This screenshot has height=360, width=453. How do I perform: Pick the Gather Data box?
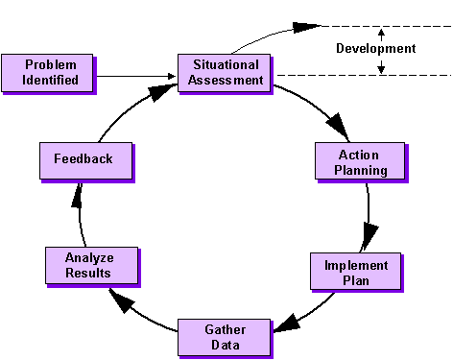[x=225, y=336]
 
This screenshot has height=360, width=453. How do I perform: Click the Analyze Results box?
[x=87, y=265]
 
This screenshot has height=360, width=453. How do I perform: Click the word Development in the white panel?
[x=375, y=48]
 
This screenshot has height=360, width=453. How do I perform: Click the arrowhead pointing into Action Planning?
[x=335, y=128]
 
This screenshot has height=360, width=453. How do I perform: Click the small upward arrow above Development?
[x=381, y=31]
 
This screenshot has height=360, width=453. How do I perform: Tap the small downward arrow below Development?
[x=381, y=68]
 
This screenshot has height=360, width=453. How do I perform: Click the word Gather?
[x=225, y=328]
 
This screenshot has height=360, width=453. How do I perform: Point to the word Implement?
[x=356, y=265]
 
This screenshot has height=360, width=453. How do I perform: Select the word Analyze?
[x=87, y=258]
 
